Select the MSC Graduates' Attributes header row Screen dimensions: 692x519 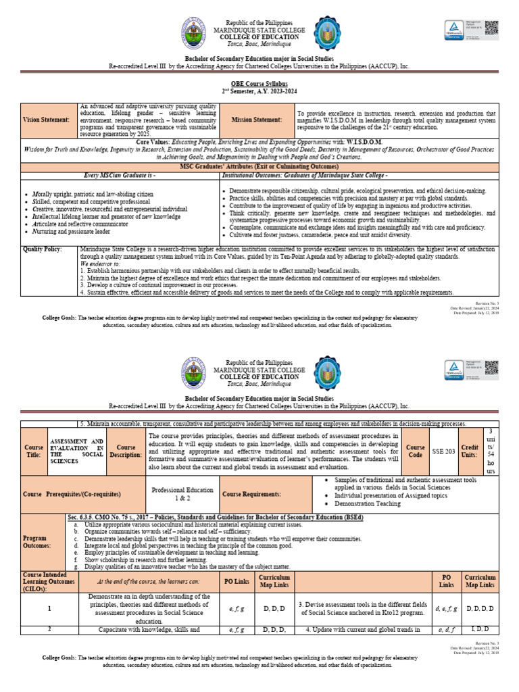click(259, 166)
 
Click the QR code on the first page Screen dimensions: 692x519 click(491, 28)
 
